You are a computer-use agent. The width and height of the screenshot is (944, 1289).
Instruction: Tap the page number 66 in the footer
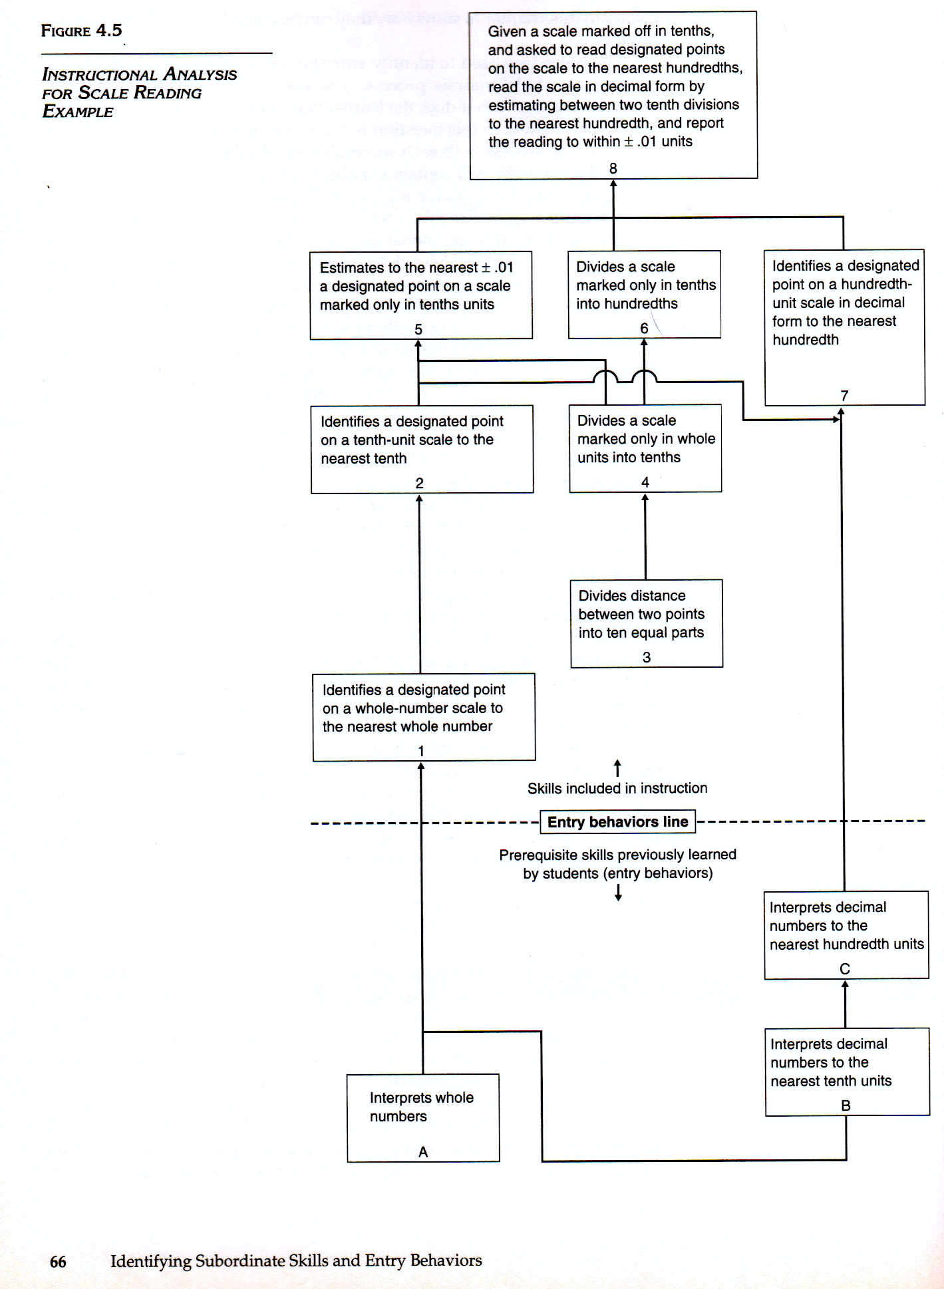(58, 1261)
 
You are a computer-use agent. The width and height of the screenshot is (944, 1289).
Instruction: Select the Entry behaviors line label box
(617, 822)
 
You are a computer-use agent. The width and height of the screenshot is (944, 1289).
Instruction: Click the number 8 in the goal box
(613, 169)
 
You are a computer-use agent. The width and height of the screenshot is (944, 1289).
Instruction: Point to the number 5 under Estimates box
(418, 329)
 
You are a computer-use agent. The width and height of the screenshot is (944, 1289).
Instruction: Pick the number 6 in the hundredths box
(644, 329)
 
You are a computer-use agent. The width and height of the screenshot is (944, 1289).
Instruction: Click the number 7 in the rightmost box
(844, 396)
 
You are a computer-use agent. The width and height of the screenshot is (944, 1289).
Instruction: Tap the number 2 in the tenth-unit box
(419, 483)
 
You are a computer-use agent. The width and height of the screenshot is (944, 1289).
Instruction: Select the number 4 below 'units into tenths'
(645, 482)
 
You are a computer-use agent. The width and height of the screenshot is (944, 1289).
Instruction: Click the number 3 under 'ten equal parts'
(646, 657)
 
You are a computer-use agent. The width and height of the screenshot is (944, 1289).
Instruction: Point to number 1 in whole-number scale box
(421, 751)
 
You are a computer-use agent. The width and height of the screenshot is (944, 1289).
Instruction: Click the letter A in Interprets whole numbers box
(423, 1152)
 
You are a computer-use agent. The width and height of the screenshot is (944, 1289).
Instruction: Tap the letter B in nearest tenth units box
(846, 1105)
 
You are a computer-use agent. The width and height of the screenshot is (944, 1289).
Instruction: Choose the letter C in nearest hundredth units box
(845, 969)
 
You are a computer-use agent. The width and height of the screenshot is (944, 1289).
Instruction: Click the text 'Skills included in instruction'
(617, 788)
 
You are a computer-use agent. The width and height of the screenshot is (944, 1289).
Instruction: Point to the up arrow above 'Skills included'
(617, 768)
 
